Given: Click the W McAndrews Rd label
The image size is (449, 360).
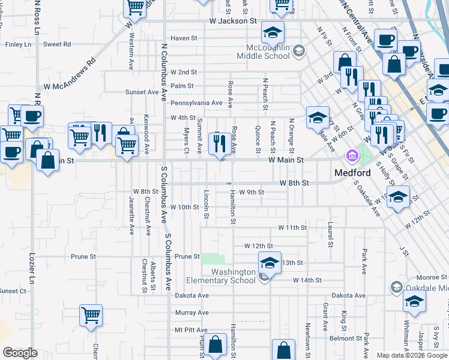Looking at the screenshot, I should pyautogui.click(x=74, y=74).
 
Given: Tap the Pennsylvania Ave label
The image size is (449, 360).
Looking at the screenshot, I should pyautogui.click(x=197, y=103).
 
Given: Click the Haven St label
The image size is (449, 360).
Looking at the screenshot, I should pyautogui.click(x=184, y=38).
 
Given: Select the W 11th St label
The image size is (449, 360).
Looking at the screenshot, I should pyautogui.click(x=292, y=228).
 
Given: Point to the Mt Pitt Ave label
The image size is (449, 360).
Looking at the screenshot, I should pyautogui.click(x=191, y=330).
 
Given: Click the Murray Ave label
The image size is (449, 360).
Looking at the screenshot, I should pyautogui.click(x=191, y=313).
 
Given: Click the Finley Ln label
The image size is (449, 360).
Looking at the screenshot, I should pyautogui.click(x=17, y=44).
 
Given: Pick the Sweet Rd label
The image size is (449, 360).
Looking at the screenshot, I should pyautogui.click(x=57, y=44).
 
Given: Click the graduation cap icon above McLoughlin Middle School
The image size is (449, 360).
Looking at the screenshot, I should pyautogui.click(x=273, y=32).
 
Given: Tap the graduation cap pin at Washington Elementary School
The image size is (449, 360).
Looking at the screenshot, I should pyautogui.click(x=270, y=263).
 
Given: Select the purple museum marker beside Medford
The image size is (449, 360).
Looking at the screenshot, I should pyautogui.click(x=352, y=157).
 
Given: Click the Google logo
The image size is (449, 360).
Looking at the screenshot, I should pyautogui.click(x=20, y=353).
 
